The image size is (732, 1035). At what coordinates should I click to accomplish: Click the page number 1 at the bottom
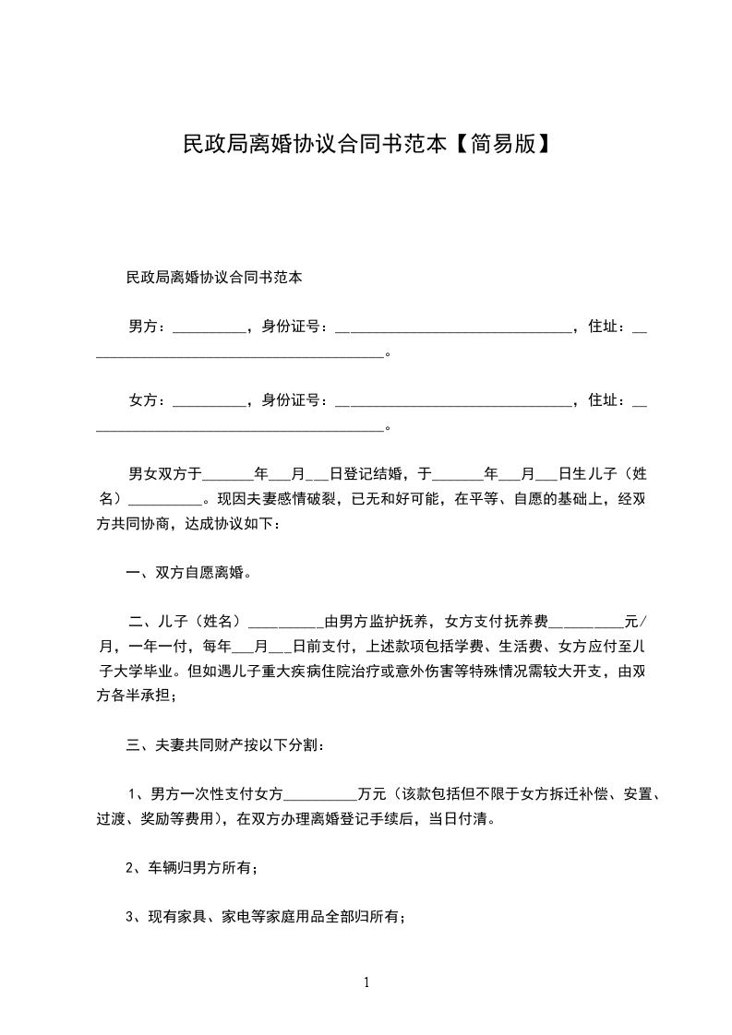click(366, 982)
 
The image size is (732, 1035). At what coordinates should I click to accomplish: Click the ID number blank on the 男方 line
click(453, 327)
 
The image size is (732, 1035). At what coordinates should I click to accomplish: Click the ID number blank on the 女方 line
click(453, 401)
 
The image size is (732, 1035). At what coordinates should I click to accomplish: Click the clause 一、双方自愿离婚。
click(189, 572)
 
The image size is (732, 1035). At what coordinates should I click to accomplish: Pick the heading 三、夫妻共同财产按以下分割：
click(224, 744)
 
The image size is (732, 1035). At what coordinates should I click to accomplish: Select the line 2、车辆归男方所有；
click(191, 867)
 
